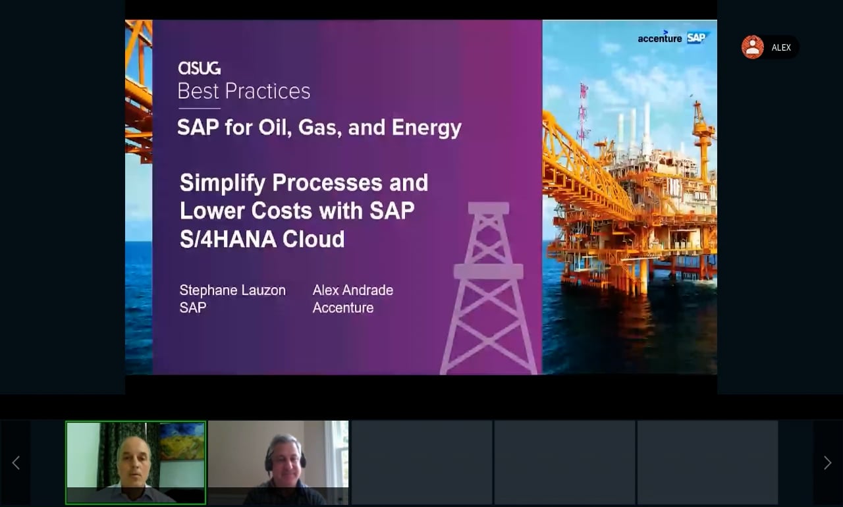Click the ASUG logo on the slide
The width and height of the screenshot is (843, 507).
tap(200, 68)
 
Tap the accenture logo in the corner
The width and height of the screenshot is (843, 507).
tap(660, 38)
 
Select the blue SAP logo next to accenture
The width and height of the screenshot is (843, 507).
tap(697, 38)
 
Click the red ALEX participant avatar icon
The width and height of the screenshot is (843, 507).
tap(752, 47)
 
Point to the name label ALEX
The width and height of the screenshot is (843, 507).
tap(781, 48)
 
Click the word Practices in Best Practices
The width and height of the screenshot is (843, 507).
tap(267, 91)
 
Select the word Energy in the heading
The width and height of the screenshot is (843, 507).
tap(426, 128)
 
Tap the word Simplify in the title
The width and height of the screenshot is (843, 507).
tap(223, 183)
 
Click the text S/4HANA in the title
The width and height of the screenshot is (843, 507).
tap(228, 239)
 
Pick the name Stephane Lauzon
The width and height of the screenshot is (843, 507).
tap(232, 290)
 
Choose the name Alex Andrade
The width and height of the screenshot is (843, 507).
tap(353, 290)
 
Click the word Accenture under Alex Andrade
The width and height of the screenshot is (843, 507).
tap(343, 307)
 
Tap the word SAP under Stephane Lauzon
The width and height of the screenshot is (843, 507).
tap(193, 307)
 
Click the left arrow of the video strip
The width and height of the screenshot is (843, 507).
tap(16, 463)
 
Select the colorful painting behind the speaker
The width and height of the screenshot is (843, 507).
tap(182, 441)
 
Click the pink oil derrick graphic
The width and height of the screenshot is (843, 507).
tap(489, 288)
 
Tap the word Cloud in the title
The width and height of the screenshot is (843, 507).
tap(313, 239)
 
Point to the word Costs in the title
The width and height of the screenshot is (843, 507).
tap(282, 211)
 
